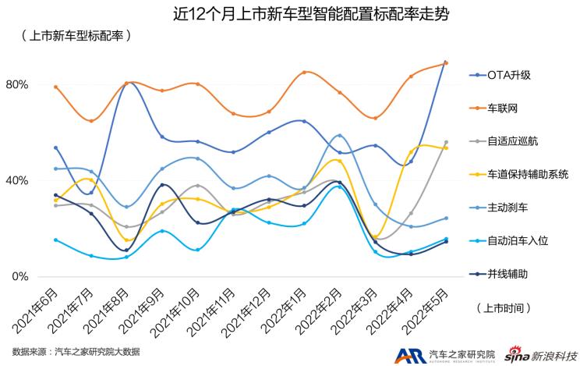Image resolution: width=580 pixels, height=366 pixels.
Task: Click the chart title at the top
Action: tap(289, 13)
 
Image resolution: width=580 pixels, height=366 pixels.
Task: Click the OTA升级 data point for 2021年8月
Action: tap(126, 83)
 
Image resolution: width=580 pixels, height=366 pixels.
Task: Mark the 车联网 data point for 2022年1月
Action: tap(304, 72)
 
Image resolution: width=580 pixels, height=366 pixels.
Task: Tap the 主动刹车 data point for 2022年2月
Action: tap(339, 136)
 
